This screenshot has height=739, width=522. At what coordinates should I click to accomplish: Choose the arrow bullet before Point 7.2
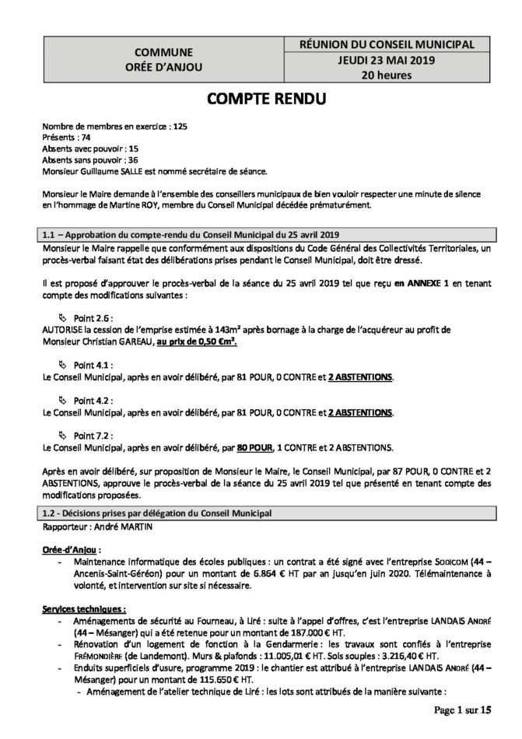63,435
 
